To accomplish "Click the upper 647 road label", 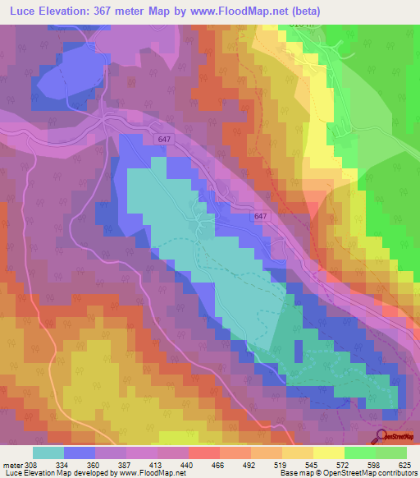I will [164, 140].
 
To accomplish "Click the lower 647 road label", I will [261, 216].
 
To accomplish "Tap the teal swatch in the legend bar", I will [48, 453].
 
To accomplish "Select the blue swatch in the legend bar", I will [80, 453].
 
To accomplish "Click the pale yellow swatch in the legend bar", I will [329, 453].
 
